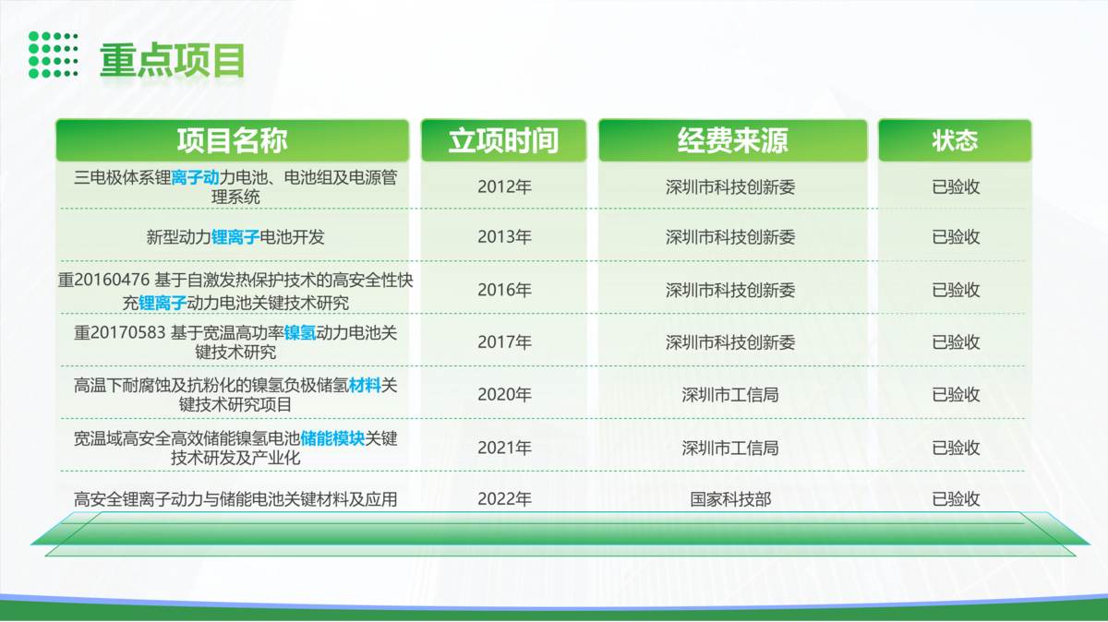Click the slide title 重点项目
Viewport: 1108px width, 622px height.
tap(172, 60)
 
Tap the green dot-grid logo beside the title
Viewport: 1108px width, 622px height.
tap(53, 54)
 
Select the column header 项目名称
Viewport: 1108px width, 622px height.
tap(233, 140)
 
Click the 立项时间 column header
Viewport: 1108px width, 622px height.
tap(503, 140)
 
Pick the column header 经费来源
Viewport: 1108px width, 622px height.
tap(732, 140)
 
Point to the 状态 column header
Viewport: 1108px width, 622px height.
tap(955, 140)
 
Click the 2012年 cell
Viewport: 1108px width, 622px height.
tap(504, 187)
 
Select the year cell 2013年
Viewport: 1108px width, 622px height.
tap(504, 237)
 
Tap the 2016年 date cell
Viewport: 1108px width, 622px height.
tap(504, 290)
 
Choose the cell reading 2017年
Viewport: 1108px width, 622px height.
tap(504, 342)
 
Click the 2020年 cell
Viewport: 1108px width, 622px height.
tap(504, 395)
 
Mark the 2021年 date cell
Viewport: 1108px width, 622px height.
tap(504, 448)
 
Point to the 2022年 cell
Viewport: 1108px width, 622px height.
tap(504, 499)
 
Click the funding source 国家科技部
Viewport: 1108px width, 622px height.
tap(730, 499)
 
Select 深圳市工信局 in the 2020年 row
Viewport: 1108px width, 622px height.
tap(730, 395)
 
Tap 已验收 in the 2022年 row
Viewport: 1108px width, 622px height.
tap(956, 499)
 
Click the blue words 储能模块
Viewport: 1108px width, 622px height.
tap(332, 438)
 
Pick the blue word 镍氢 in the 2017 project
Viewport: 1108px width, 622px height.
tap(300, 333)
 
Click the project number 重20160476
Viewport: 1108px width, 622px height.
tap(103, 280)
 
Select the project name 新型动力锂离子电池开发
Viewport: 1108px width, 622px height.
tap(235, 237)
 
